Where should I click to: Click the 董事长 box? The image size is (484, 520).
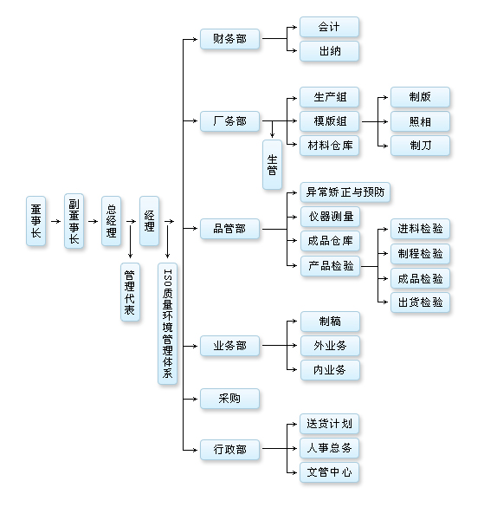click(35, 221)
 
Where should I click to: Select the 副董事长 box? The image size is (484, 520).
click(74, 221)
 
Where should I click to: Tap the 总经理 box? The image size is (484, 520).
click(111, 221)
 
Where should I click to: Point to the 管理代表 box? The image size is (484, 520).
click(130, 292)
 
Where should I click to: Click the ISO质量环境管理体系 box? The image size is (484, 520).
click(167, 323)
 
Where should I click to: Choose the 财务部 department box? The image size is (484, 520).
click(229, 39)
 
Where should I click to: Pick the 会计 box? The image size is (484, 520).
click(329, 27)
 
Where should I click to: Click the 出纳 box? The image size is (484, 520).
click(329, 51)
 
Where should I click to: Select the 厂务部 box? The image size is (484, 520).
click(229, 121)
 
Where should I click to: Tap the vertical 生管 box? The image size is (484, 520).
click(272, 165)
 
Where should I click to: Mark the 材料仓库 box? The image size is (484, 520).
click(329, 146)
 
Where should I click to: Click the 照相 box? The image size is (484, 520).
click(420, 121)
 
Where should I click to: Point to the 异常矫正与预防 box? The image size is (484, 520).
click(345, 192)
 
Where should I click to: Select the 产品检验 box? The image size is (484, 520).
click(330, 266)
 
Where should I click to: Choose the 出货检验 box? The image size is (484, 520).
click(420, 302)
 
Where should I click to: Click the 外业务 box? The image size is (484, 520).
click(330, 346)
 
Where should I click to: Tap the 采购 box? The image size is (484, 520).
click(229, 399)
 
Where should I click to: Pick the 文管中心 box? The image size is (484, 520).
click(329, 472)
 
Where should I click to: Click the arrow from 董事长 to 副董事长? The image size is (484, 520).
click(55, 221)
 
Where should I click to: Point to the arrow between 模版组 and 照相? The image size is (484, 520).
click(375, 121)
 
